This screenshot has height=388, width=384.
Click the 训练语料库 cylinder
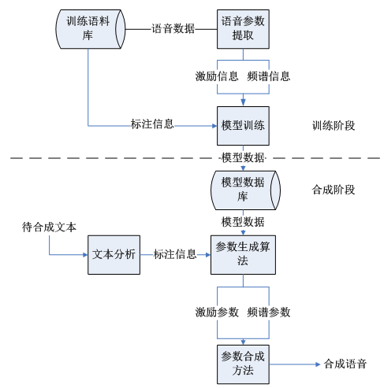click(x=87, y=29)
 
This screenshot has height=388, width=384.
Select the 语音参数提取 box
click(x=243, y=29)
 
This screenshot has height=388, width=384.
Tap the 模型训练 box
click(x=243, y=125)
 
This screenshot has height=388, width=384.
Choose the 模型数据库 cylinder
click(x=243, y=189)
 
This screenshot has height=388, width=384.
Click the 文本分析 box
click(x=114, y=254)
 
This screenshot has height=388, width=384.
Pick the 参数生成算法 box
click(x=243, y=254)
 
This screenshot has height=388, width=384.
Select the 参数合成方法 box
click(x=243, y=364)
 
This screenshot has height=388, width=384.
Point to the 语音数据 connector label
click(x=173, y=29)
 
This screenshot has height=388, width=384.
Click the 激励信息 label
click(x=217, y=76)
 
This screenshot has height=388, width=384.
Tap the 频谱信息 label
click(x=268, y=76)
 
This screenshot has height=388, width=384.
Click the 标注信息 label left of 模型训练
click(x=152, y=124)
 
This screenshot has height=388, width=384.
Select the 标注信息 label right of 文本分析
click(x=175, y=254)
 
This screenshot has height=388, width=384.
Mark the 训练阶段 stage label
click(x=334, y=125)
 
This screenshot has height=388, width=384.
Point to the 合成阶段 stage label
click(x=334, y=190)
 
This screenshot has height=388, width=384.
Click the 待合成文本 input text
click(x=49, y=227)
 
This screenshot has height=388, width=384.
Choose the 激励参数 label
click(x=217, y=312)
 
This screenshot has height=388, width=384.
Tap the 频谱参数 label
click(x=268, y=312)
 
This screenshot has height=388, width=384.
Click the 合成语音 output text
click(x=345, y=364)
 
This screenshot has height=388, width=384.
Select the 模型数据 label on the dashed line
click(x=243, y=157)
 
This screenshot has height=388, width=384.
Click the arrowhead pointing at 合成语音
click(x=314, y=364)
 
